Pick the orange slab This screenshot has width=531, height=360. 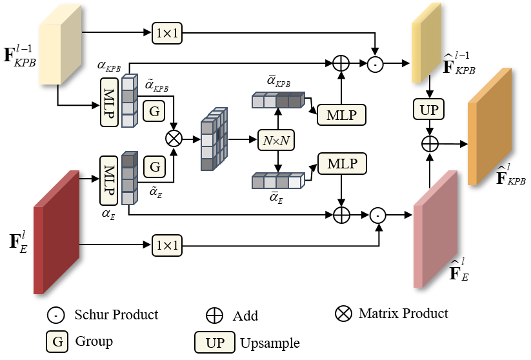pos(488,129)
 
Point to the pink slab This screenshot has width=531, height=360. pos(434,232)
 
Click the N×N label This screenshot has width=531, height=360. pos(276,140)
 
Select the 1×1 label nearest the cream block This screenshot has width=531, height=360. pos(167,34)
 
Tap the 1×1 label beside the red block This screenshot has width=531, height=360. pos(167,245)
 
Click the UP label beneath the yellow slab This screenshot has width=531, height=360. pos(428,109)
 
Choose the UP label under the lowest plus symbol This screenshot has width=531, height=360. pos(215,343)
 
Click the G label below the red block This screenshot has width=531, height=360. pos(57,341)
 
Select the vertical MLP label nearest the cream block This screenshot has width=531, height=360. pos(109,102)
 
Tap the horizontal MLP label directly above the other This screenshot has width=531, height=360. pos(341,115)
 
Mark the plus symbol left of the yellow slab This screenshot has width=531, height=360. pos(341,63)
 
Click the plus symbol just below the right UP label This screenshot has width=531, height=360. pos(430,144)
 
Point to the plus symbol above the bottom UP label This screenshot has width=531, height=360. pos(214,315)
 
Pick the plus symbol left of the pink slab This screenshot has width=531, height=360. pos(341,215)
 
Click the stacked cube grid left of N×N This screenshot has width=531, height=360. pos(213,139)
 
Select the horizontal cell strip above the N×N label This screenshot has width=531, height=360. pos(277,101)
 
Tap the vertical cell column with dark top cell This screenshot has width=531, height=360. pos(129,179)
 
